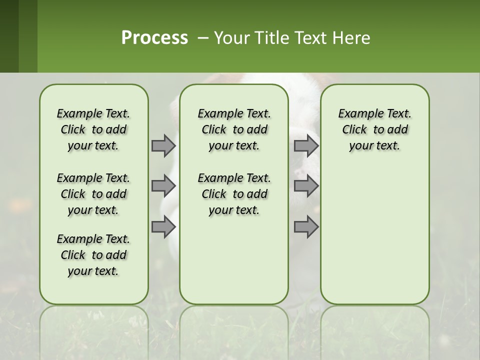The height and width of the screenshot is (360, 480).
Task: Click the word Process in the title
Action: pyautogui.click(x=154, y=38)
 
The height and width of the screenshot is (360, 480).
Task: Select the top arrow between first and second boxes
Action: pyautogui.click(x=163, y=145)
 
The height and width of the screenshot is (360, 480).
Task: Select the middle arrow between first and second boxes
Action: pyautogui.click(x=163, y=186)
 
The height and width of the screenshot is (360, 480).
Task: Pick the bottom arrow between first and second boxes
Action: pyautogui.click(x=163, y=227)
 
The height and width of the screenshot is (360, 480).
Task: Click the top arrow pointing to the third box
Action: pyautogui.click(x=306, y=145)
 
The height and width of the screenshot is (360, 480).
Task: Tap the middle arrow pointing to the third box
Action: pyautogui.click(x=306, y=186)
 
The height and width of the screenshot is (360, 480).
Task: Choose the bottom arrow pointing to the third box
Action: pyautogui.click(x=306, y=227)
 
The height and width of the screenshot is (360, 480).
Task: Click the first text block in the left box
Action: pyautogui.click(x=93, y=129)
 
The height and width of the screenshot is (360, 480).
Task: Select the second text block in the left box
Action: pyautogui.click(x=93, y=194)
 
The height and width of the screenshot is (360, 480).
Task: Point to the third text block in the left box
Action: pyautogui.click(x=93, y=255)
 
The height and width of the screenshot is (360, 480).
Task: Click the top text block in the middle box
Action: pyautogui.click(x=234, y=129)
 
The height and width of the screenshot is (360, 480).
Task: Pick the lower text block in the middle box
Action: pyautogui.click(x=234, y=194)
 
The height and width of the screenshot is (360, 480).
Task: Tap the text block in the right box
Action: pyautogui.click(x=374, y=129)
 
